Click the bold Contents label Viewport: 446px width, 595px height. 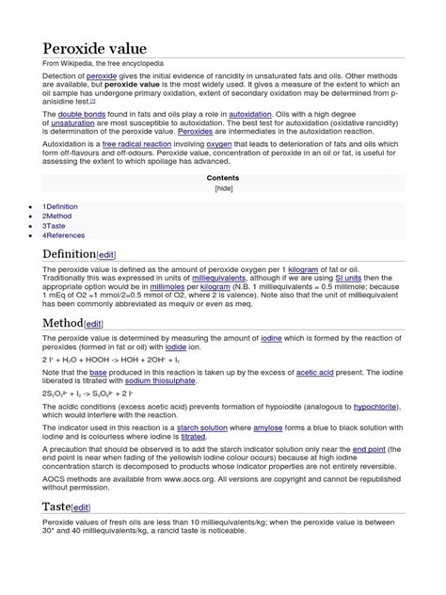click(x=223, y=177)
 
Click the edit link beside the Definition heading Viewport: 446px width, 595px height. click(x=110, y=255)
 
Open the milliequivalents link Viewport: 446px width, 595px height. click(x=224, y=279)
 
